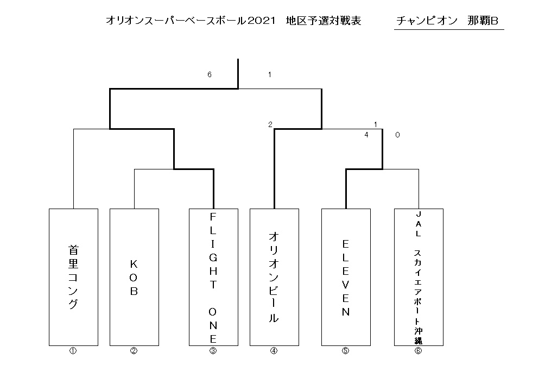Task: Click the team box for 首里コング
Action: click(x=73, y=277)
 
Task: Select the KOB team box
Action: click(x=134, y=277)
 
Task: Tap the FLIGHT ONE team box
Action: click(x=213, y=277)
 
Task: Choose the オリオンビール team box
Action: click(x=274, y=277)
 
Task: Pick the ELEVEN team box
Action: click(x=346, y=277)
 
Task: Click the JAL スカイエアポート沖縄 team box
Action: click(x=419, y=277)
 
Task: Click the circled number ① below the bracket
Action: click(x=73, y=351)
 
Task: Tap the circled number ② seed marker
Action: click(x=134, y=351)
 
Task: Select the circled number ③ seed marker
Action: click(x=213, y=351)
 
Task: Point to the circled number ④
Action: click(x=274, y=351)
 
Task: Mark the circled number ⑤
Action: click(x=345, y=351)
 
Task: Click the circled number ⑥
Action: click(x=418, y=351)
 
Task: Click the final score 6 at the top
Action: click(x=210, y=74)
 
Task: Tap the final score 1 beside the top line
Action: click(x=270, y=74)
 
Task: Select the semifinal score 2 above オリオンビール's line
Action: click(x=270, y=124)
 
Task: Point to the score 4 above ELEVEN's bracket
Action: click(x=366, y=135)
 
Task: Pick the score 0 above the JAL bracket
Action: click(x=398, y=135)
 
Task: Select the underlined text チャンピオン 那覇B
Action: click(x=447, y=21)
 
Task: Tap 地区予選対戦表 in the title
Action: click(x=323, y=21)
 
